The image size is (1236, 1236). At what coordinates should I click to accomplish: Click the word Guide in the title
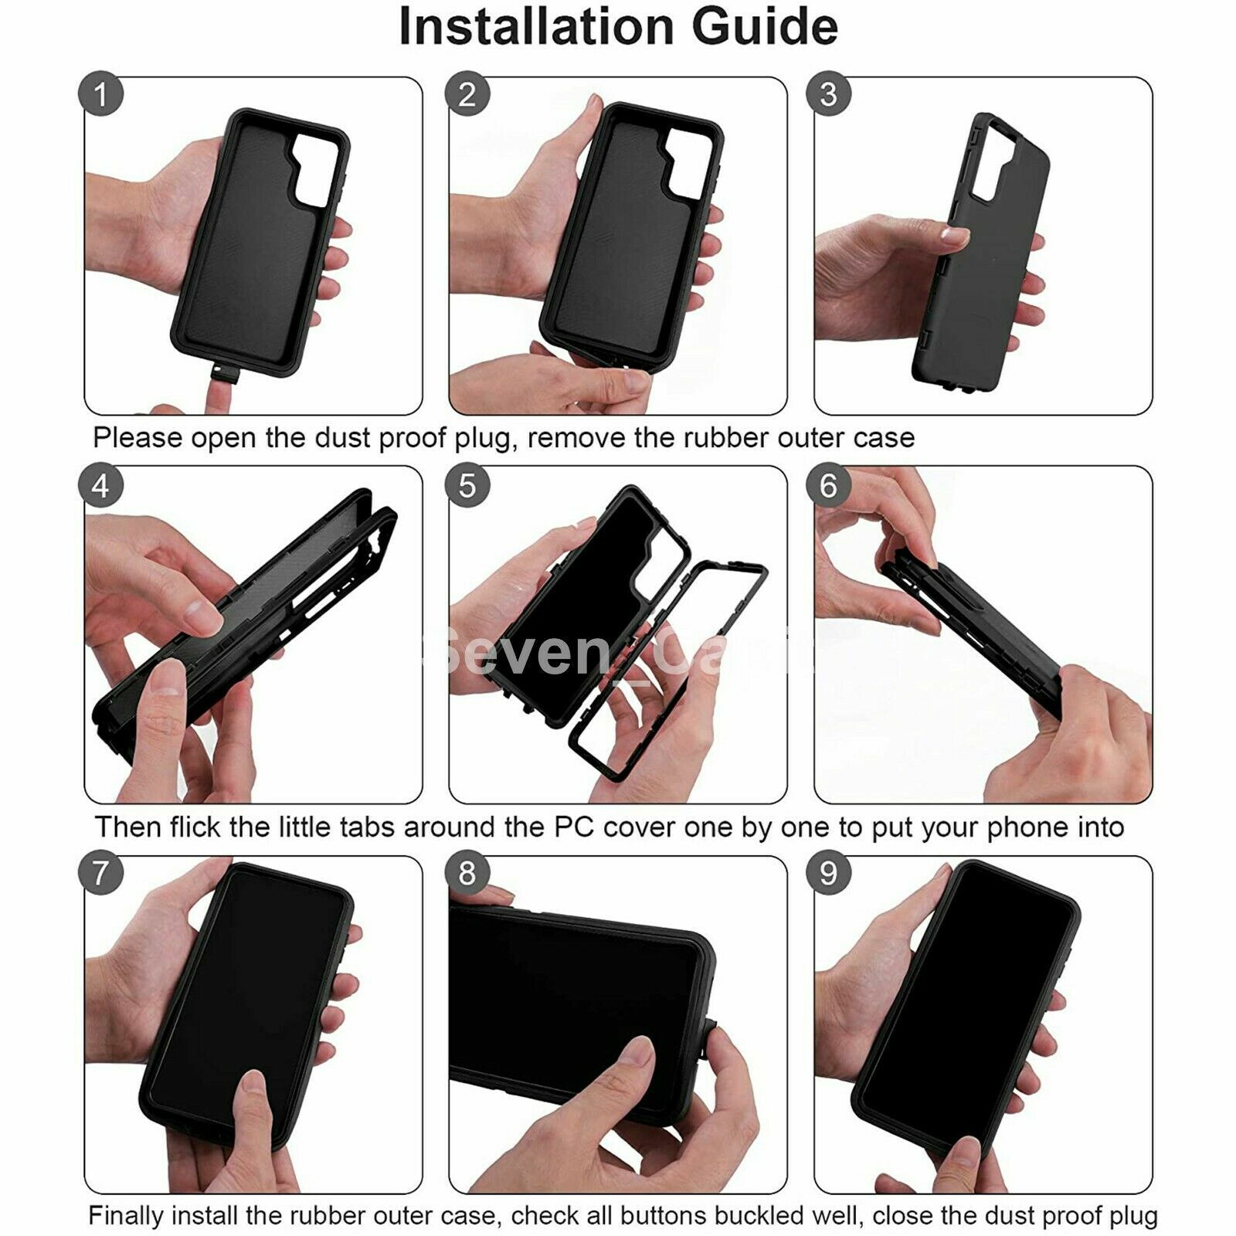click(764, 28)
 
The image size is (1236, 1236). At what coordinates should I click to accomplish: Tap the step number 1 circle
click(101, 94)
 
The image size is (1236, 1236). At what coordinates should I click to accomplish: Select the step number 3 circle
click(828, 94)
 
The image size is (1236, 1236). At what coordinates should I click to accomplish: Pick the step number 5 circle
click(467, 486)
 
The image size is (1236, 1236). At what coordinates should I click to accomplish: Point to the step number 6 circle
click(828, 486)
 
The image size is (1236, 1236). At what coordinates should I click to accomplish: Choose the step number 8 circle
click(467, 874)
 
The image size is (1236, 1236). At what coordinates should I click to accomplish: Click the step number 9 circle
click(828, 874)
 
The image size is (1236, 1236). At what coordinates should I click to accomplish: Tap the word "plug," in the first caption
click(483, 439)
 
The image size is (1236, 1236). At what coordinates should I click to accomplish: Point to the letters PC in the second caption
click(574, 827)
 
